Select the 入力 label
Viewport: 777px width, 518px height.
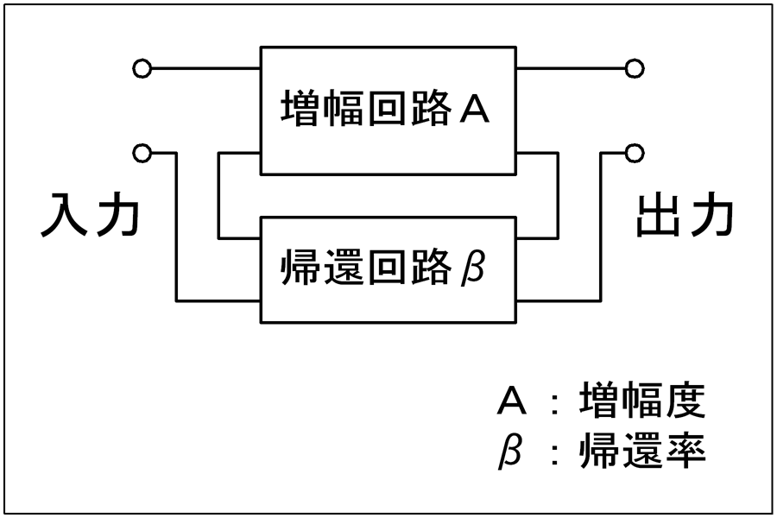pyautogui.click(x=90, y=215)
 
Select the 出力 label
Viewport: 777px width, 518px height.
pyautogui.click(x=685, y=215)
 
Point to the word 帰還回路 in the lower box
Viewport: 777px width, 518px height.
pyautogui.click(x=367, y=267)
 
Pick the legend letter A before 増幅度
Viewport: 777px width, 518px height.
pyautogui.click(x=511, y=400)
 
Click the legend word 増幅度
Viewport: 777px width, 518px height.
pyautogui.click(x=642, y=400)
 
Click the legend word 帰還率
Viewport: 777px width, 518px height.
pyautogui.click(x=642, y=450)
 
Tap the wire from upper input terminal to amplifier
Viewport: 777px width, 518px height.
pyautogui.click(x=205, y=68)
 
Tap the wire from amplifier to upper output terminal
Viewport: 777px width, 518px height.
pyautogui.click(x=571, y=68)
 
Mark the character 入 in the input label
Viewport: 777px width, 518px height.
pyautogui.click(x=64, y=215)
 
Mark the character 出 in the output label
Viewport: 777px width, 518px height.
pyautogui.click(x=658, y=215)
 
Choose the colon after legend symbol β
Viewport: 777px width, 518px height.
pyautogui.click(x=554, y=455)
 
